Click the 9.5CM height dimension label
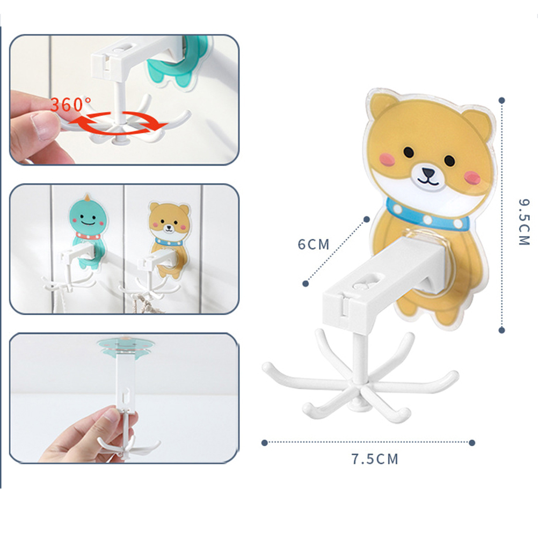524,222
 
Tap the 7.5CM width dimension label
375,459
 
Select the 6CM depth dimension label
314,244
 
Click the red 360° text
71,104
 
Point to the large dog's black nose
428,172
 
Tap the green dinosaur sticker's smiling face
87,219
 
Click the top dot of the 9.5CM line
501,100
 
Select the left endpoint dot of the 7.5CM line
264,443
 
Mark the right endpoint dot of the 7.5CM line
472,443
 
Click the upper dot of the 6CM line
366,219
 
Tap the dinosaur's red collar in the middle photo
88,237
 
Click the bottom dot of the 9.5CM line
501,330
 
